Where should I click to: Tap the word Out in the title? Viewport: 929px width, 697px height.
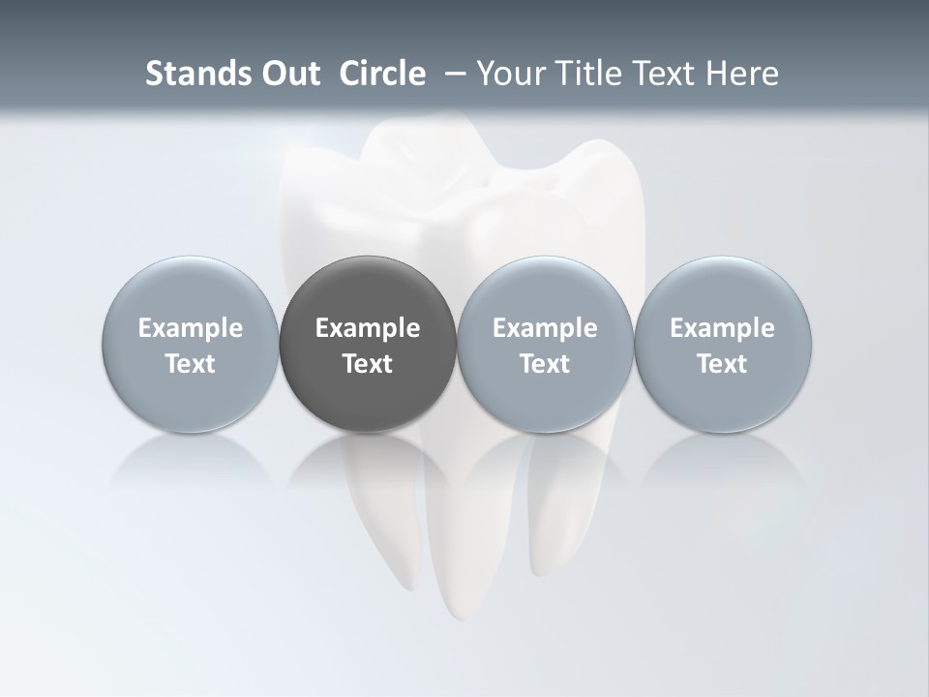point(289,74)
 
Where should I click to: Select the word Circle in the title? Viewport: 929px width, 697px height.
point(382,74)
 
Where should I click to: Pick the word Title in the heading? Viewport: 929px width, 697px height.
point(589,74)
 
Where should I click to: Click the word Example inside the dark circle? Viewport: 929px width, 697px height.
point(368,328)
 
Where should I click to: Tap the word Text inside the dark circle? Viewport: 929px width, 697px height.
point(368,364)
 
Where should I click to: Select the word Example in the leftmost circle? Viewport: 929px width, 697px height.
point(190,328)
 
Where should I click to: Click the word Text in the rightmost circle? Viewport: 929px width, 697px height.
point(723,364)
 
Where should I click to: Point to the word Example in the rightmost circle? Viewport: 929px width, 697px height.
point(723,328)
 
